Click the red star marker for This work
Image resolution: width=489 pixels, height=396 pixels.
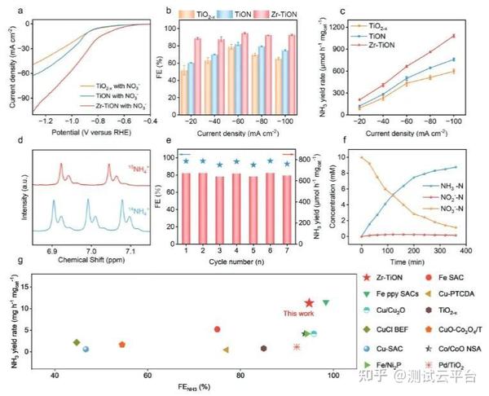[x=309, y=303]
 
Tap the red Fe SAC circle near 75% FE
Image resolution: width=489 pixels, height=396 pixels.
[x=218, y=329]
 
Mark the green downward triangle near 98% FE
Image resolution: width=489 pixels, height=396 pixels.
[x=326, y=302]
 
